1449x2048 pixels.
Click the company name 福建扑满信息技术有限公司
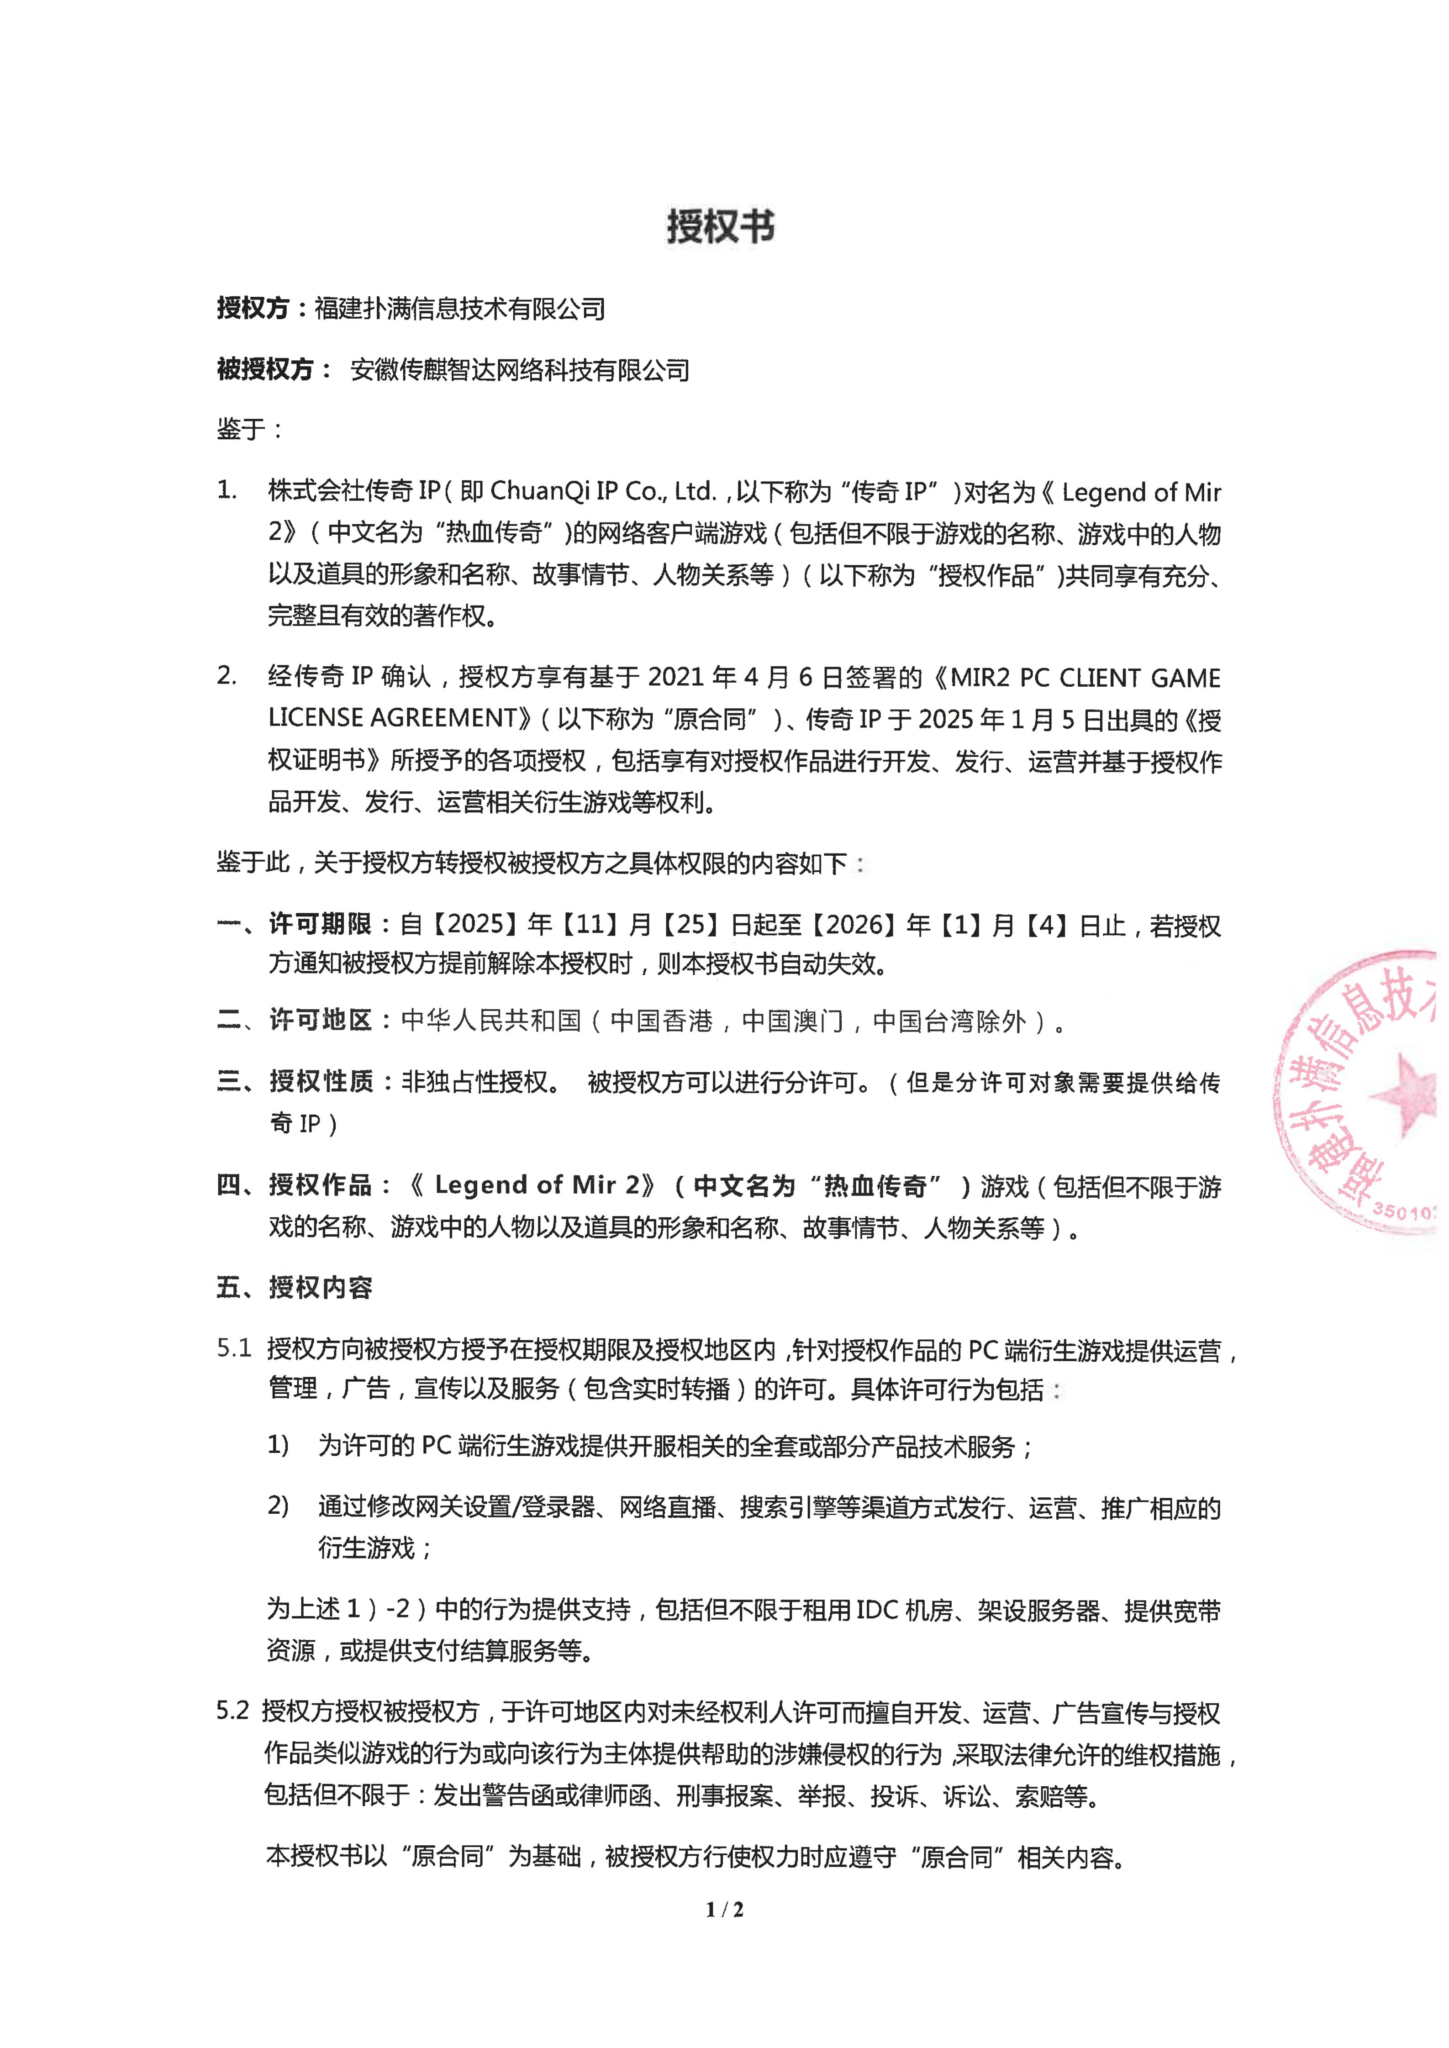point(459,309)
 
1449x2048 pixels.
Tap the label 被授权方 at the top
point(265,369)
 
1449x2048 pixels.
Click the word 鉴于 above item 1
point(241,429)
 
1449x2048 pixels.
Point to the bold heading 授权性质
point(320,1082)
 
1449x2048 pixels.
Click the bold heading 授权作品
point(320,1185)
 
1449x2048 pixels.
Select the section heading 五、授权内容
point(295,1287)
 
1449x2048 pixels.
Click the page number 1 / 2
point(724,1909)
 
